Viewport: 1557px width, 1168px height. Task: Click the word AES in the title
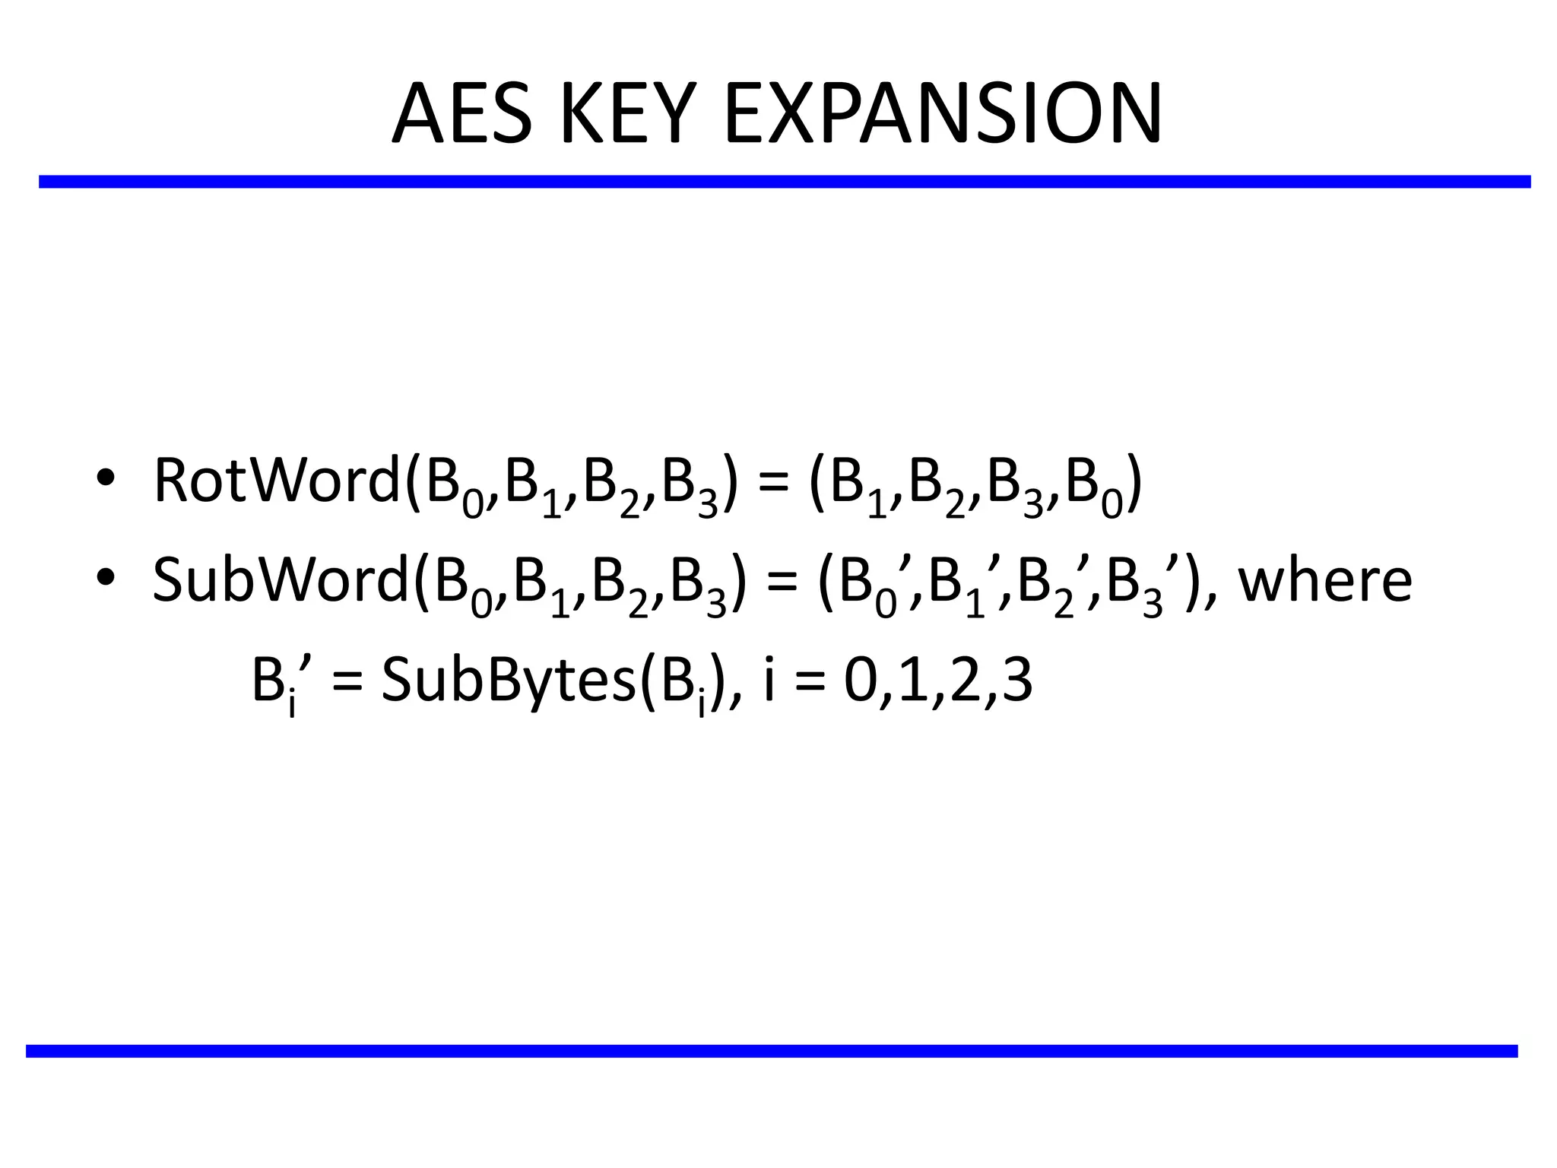pos(461,115)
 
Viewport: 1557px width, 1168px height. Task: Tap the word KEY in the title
pos(628,115)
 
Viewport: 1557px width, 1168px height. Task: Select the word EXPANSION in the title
pos(943,115)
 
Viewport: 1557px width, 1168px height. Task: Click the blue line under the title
pos(783,182)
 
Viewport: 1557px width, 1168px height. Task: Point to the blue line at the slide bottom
pos(771,1051)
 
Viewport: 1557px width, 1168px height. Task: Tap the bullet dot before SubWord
pos(106,579)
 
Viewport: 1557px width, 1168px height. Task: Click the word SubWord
pos(281,580)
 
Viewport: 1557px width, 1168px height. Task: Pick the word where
pos(1325,580)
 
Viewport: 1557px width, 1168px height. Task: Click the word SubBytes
pos(508,680)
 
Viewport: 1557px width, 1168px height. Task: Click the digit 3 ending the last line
pos(1017,680)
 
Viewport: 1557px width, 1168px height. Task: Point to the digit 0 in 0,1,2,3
pos(859,680)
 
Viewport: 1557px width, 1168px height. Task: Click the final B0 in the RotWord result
pos(1094,487)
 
